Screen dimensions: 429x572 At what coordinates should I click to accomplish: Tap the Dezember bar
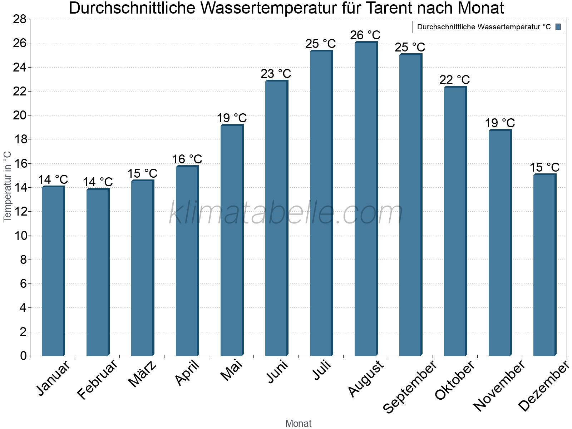click(544, 265)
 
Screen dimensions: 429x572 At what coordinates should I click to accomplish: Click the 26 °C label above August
click(365, 35)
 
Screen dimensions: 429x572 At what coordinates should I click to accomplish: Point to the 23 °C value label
click(276, 74)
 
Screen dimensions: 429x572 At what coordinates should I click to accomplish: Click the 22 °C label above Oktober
click(454, 80)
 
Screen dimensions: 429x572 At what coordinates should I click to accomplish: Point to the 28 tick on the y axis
click(20, 19)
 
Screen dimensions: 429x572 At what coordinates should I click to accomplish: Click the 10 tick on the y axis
click(20, 236)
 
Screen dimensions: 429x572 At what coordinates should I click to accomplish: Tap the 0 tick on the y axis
click(23, 356)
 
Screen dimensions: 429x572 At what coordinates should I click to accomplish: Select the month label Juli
click(322, 370)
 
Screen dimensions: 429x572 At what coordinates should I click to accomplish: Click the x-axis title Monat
click(298, 423)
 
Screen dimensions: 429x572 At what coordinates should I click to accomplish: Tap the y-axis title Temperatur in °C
click(8, 187)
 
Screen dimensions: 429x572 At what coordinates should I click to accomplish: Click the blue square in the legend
click(558, 27)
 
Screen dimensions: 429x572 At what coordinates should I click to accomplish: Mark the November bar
click(499, 243)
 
